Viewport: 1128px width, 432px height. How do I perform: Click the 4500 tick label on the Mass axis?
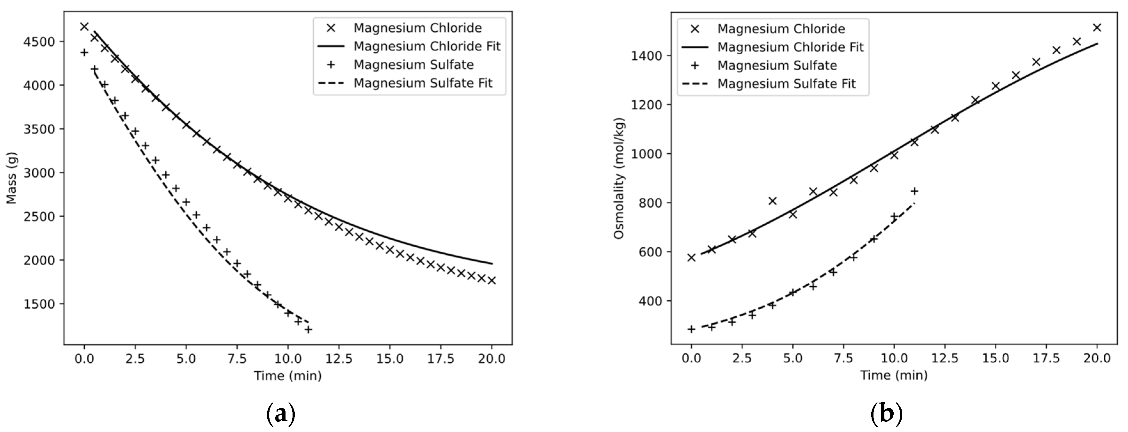(x=39, y=42)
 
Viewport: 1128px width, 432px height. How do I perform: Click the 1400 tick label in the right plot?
(x=646, y=56)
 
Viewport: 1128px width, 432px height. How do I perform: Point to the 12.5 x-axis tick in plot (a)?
(x=339, y=359)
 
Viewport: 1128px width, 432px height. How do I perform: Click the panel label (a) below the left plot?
(x=281, y=413)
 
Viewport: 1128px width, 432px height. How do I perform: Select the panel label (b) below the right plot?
(x=886, y=413)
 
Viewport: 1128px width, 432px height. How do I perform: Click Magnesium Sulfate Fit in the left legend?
(x=423, y=83)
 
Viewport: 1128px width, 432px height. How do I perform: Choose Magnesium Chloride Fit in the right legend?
(x=790, y=47)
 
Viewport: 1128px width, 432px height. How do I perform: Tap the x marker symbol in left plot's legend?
(x=332, y=28)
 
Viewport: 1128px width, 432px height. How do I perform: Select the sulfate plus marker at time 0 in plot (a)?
(x=84, y=52)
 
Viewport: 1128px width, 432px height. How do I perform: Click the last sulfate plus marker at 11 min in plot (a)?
(x=308, y=329)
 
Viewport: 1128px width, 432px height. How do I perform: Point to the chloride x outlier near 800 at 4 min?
(x=772, y=201)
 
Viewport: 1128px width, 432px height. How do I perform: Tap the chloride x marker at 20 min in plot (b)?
(x=1097, y=27)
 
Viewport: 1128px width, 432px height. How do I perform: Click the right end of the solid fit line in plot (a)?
(x=492, y=264)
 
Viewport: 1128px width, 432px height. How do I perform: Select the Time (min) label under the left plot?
(x=288, y=375)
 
